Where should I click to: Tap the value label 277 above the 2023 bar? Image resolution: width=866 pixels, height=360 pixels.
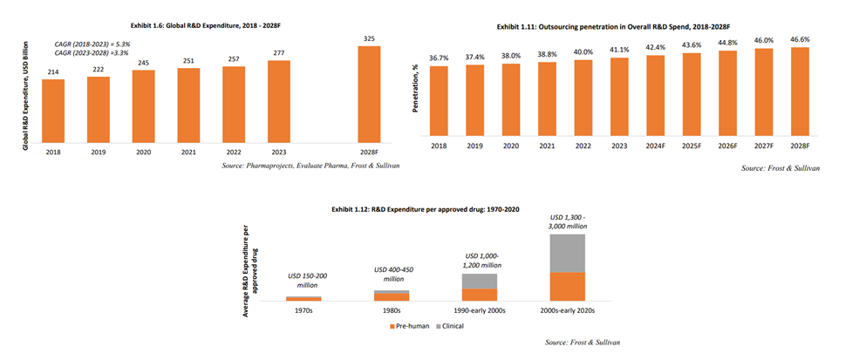click(278, 53)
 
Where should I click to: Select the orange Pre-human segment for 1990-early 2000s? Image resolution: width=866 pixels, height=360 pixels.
click(479, 295)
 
